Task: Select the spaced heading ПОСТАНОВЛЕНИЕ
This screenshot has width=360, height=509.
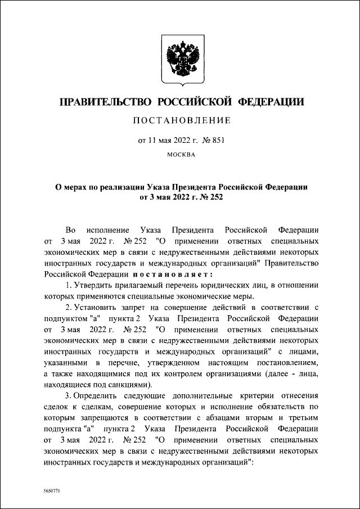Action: (x=180, y=121)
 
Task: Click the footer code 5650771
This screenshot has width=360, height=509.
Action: (x=51, y=491)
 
